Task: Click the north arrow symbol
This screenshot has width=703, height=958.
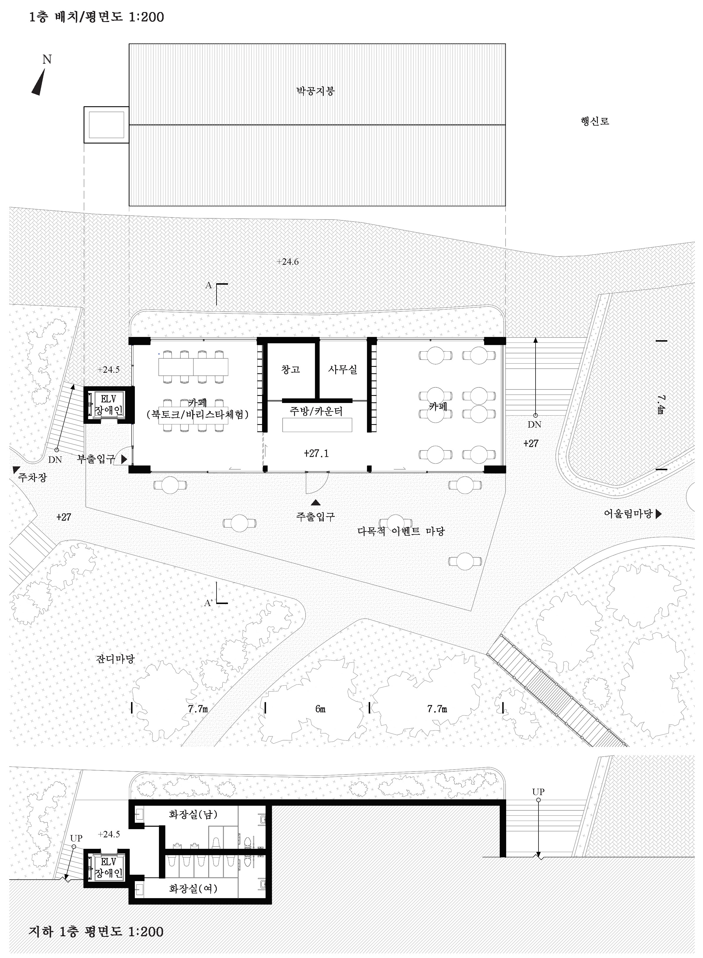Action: [39, 82]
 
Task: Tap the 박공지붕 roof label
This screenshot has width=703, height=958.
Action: [315, 91]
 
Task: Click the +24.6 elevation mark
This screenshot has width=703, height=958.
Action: [288, 262]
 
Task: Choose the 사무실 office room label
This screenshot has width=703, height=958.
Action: [343, 369]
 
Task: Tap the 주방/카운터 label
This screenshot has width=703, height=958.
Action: [316, 411]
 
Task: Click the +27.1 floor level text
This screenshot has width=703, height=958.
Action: [316, 453]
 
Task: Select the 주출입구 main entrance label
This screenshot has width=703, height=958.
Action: [315, 517]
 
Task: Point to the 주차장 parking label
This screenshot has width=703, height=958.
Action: [32, 478]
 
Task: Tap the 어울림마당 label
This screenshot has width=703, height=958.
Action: [628, 514]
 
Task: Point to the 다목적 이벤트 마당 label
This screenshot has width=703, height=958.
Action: [401, 531]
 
